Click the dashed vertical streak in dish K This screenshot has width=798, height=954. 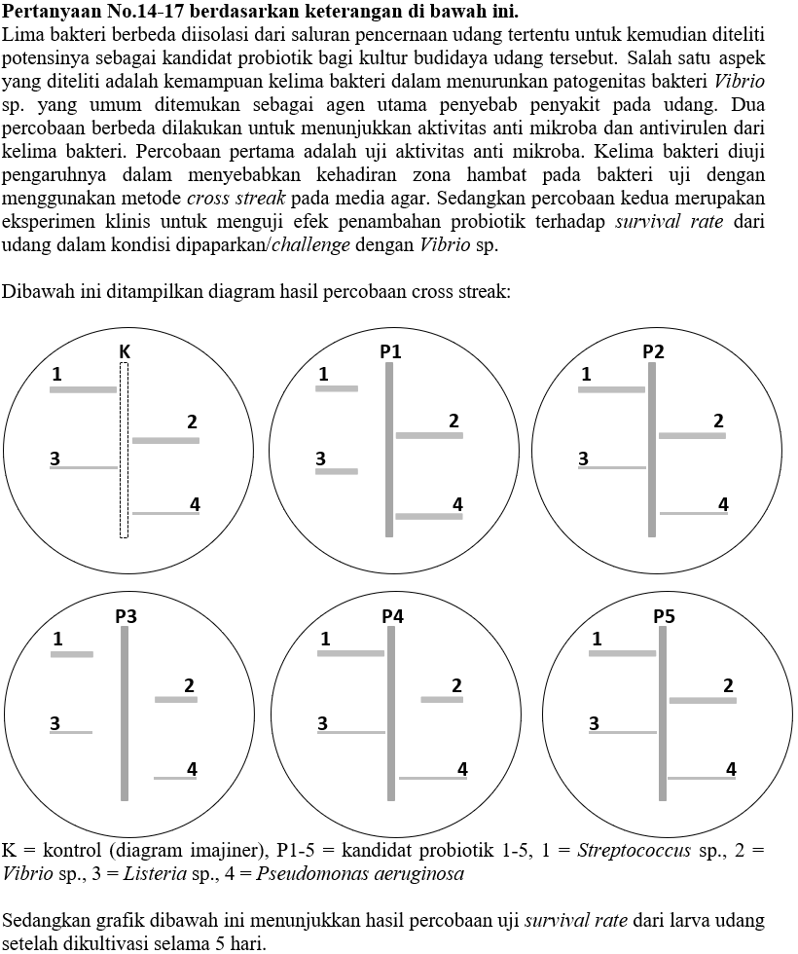[x=124, y=450]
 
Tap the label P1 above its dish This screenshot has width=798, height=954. [x=390, y=351]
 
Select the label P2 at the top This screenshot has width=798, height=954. [x=654, y=351]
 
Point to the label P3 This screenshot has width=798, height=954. [x=126, y=616]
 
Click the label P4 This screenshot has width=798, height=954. [x=392, y=616]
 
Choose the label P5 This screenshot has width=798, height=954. [x=664, y=616]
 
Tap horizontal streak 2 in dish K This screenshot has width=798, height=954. [x=165, y=440]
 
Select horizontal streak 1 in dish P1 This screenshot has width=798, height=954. [x=337, y=388]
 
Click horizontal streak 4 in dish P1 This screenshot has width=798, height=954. [x=429, y=516]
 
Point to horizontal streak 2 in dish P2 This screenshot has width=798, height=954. [x=692, y=435]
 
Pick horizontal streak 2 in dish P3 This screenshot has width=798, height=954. [x=175, y=699]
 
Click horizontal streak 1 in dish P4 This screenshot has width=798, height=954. [x=350, y=652]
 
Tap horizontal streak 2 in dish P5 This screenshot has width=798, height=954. [x=703, y=700]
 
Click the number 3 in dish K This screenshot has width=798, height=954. [x=55, y=459]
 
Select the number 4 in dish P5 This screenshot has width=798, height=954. [x=731, y=770]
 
